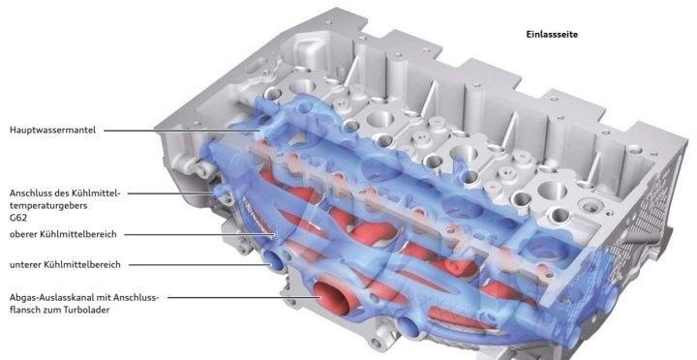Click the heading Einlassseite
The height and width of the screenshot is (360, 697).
point(552,34)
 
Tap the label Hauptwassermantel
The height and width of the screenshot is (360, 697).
point(52,131)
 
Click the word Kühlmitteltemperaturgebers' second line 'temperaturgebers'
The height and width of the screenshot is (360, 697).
point(48,206)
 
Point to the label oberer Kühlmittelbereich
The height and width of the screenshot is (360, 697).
point(63,234)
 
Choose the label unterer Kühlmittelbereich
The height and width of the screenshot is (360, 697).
point(65,264)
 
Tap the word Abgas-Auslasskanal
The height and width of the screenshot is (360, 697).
point(51,297)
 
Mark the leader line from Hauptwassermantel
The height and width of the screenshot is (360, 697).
point(183,131)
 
